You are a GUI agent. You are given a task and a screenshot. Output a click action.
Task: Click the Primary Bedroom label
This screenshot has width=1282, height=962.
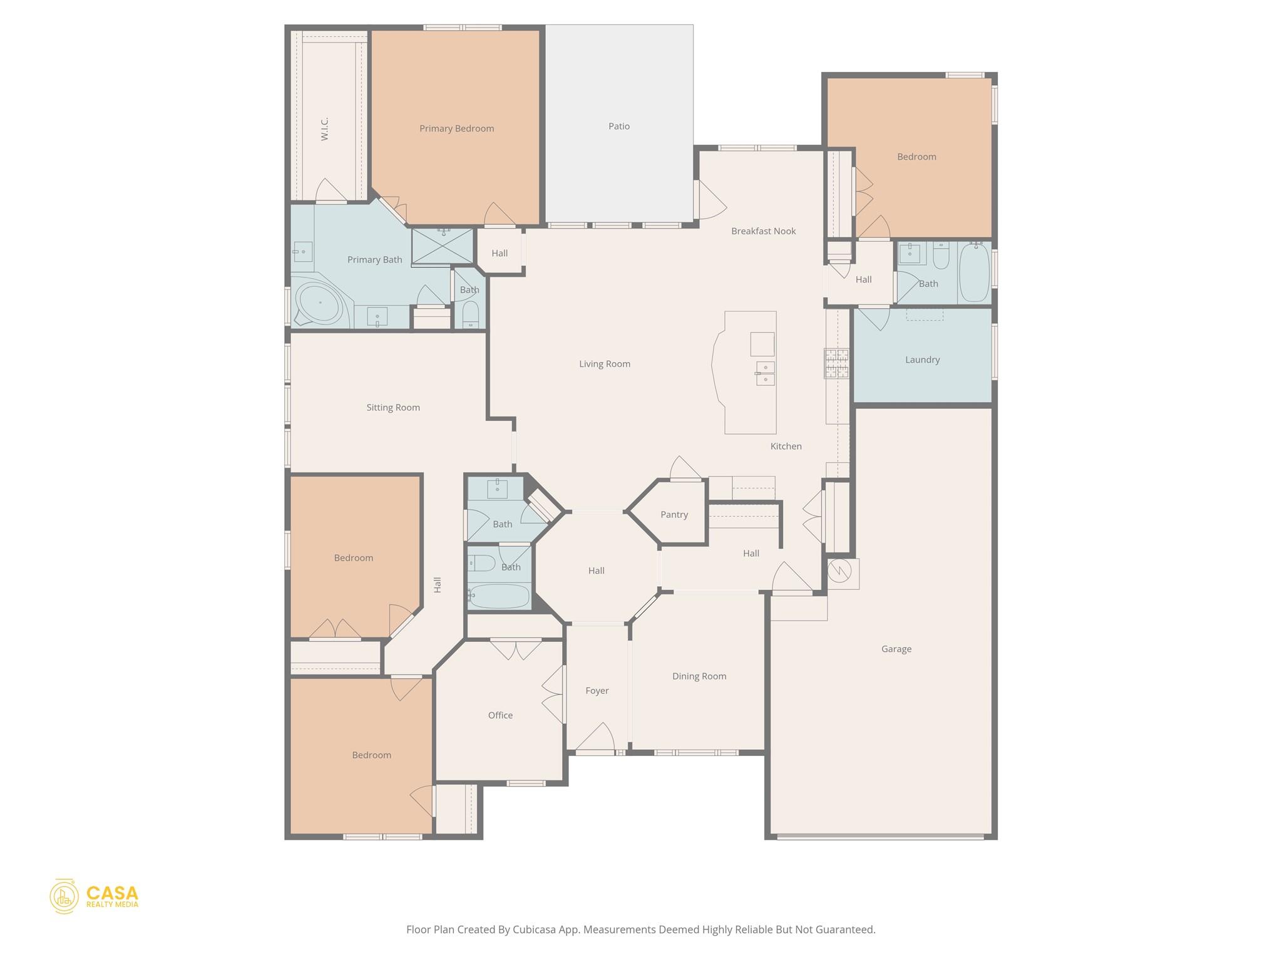point(456,128)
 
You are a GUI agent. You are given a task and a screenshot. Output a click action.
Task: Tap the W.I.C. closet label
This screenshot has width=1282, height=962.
point(324,128)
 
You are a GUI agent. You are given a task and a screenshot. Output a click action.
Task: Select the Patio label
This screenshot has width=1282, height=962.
point(618,126)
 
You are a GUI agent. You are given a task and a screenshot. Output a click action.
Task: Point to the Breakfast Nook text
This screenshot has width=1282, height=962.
point(763,231)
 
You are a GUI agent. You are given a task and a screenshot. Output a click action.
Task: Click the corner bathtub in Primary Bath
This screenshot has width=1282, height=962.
point(319,304)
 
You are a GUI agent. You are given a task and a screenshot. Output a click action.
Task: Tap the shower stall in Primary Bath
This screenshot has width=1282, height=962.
point(443,246)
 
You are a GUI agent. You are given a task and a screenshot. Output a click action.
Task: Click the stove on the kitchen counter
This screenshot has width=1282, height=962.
point(836,363)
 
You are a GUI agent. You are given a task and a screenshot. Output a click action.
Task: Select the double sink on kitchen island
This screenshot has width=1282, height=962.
point(765,373)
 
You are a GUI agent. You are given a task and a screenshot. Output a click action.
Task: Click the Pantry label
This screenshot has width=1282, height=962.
point(674,514)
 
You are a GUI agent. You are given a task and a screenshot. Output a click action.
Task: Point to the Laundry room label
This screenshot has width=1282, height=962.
point(922,359)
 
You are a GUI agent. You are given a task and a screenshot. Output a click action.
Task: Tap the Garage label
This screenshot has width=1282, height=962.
point(896,649)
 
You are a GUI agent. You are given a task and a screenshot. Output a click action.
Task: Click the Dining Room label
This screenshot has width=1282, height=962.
point(699,676)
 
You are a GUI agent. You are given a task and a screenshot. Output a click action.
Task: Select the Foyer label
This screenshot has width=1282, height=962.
point(597,690)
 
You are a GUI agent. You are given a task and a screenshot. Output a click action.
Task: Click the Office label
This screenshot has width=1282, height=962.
point(500,715)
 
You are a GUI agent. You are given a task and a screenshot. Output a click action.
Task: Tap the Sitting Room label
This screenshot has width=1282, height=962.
point(393,407)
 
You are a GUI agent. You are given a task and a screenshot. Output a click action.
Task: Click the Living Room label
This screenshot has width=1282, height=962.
point(604,363)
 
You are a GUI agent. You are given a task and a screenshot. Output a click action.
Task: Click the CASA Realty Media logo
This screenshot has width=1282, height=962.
point(94,896)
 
